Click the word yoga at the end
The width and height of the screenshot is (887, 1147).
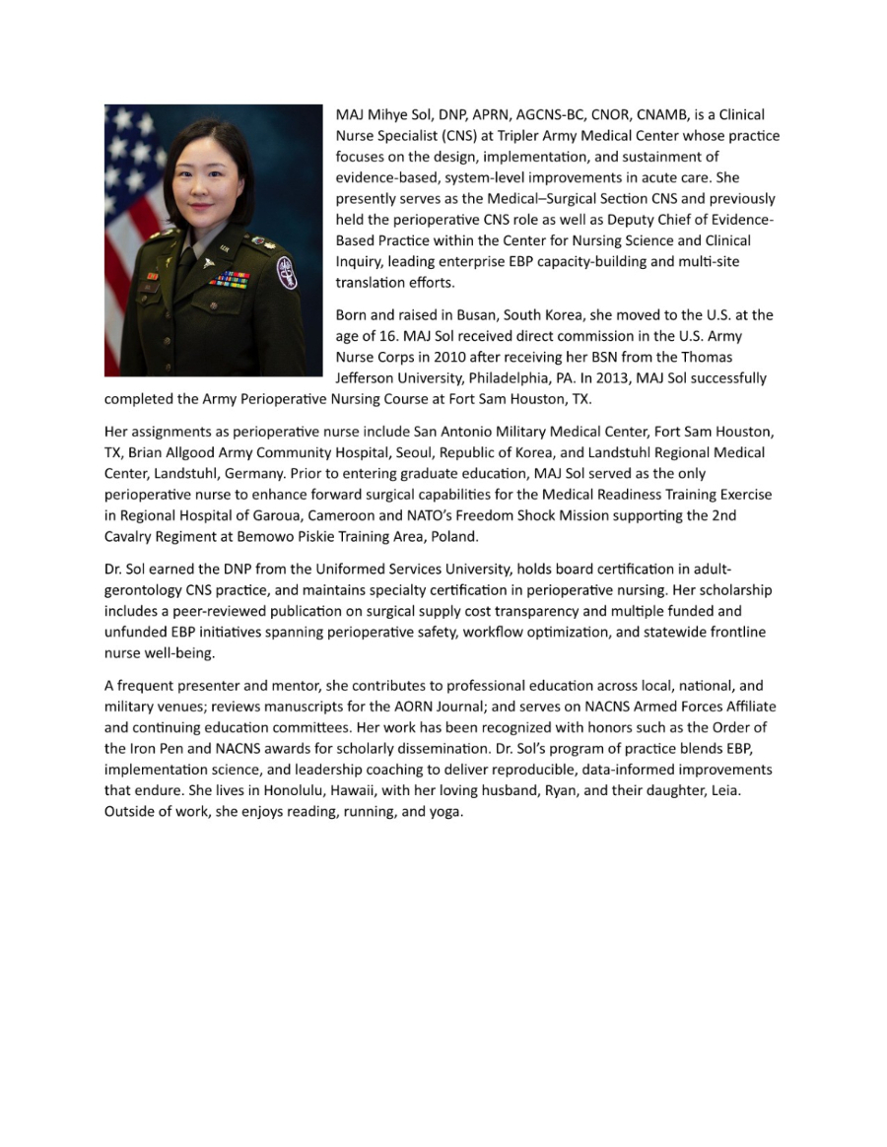(x=443, y=812)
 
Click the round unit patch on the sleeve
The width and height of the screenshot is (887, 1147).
(x=287, y=272)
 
